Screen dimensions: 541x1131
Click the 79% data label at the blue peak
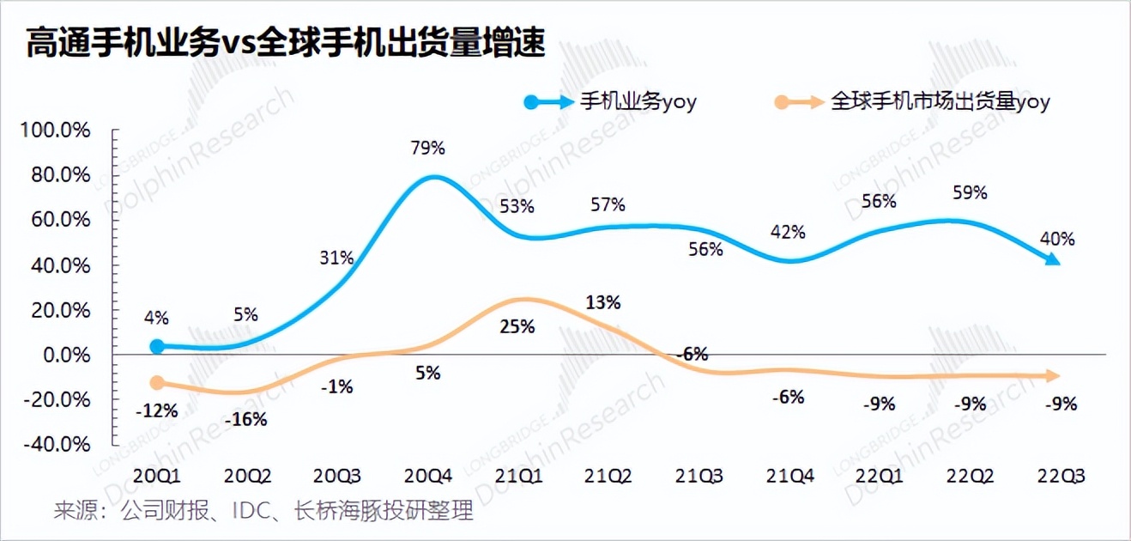(x=427, y=148)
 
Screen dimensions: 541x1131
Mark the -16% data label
(x=245, y=420)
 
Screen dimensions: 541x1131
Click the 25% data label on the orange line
(x=518, y=326)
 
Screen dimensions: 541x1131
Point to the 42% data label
(x=788, y=232)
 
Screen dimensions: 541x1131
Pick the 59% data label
(x=970, y=193)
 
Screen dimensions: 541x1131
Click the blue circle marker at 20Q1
(x=156, y=346)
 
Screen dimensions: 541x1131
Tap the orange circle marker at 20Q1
(x=156, y=383)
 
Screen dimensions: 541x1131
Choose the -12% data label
(x=156, y=410)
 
